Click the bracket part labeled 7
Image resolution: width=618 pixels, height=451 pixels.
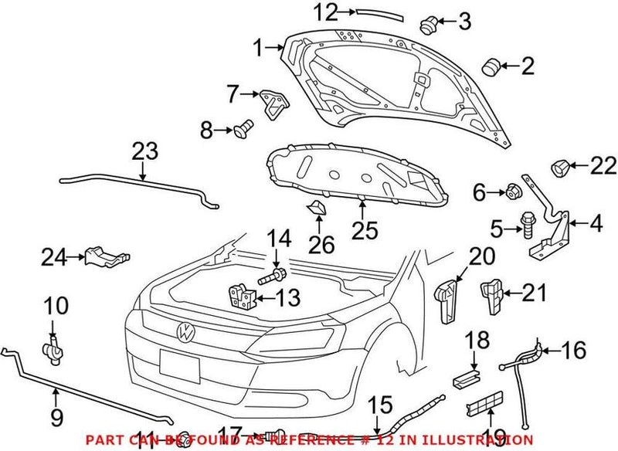click(x=272, y=103)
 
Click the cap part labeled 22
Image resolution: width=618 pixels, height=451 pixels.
click(x=559, y=164)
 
